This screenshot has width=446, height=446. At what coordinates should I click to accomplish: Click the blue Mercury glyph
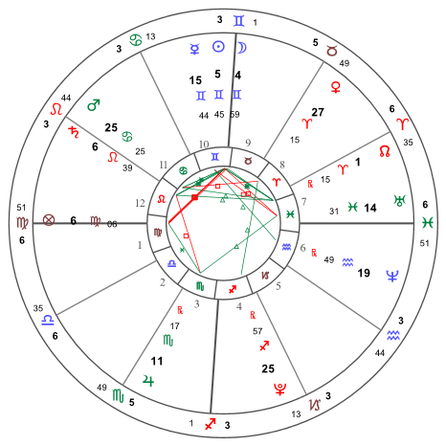point(194,49)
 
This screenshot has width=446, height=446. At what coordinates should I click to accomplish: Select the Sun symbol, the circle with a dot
point(218,47)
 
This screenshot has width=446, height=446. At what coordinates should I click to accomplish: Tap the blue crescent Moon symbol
point(241,48)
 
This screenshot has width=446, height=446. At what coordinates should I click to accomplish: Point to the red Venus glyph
point(336,87)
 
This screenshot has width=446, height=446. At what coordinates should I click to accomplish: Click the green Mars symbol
point(94,104)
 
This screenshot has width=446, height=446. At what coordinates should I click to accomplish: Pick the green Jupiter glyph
point(148,380)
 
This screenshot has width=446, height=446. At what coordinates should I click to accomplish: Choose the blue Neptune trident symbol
point(392,276)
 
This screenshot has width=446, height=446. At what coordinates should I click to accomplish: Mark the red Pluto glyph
point(280,389)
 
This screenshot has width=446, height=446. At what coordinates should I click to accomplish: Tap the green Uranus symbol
point(399,201)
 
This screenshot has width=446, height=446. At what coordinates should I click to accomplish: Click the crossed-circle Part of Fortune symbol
point(49,220)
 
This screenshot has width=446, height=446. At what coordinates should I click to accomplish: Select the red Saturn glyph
point(74,132)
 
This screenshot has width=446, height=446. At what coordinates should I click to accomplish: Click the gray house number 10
point(204,145)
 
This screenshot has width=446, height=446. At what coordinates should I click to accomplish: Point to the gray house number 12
point(140,203)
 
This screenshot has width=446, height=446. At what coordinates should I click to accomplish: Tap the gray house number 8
point(282,165)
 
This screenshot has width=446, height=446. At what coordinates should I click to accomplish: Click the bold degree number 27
point(318,112)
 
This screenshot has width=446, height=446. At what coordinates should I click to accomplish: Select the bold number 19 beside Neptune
point(364,273)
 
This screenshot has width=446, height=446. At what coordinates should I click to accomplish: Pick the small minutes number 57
point(257,331)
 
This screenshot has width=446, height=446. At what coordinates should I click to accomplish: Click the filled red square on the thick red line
point(194,198)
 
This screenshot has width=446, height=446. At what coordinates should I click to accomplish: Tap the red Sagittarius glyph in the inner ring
point(233,289)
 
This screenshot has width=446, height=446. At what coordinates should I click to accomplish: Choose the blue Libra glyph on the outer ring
point(48,320)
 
